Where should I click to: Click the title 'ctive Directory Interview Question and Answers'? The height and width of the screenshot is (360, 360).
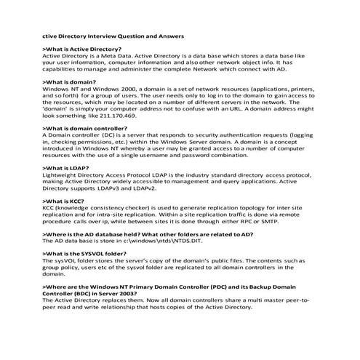113,35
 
